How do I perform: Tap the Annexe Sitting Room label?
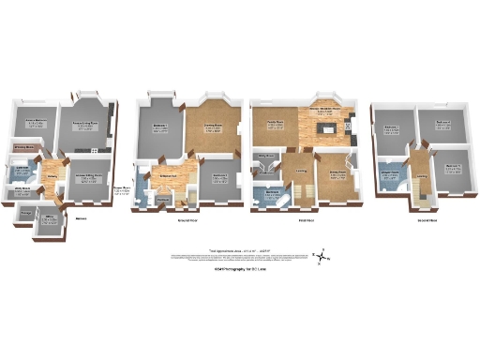[x=88, y=176]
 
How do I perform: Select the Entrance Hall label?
[x=170, y=175]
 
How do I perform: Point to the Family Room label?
[x=275, y=124]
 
